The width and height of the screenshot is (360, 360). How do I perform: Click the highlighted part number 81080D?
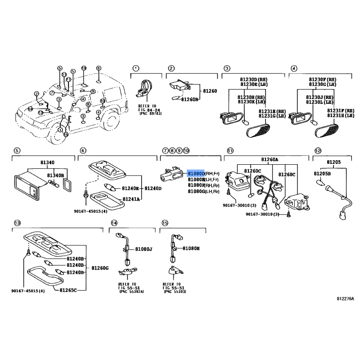click(196, 173)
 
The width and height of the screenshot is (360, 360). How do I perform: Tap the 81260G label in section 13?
click(100, 268)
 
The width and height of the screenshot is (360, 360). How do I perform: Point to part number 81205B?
click(322, 173)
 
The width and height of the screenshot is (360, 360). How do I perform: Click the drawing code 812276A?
click(345, 299)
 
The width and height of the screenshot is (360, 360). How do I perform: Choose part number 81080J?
click(144, 249)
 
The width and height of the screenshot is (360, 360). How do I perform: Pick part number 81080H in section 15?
click(191, 248)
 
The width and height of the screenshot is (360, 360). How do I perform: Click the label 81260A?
click(270, 159)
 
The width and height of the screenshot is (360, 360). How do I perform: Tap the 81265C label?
click(68, 290)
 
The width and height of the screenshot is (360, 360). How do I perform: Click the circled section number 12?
click(318, 150)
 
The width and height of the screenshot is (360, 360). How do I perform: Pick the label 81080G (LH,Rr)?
click(203, 192)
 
